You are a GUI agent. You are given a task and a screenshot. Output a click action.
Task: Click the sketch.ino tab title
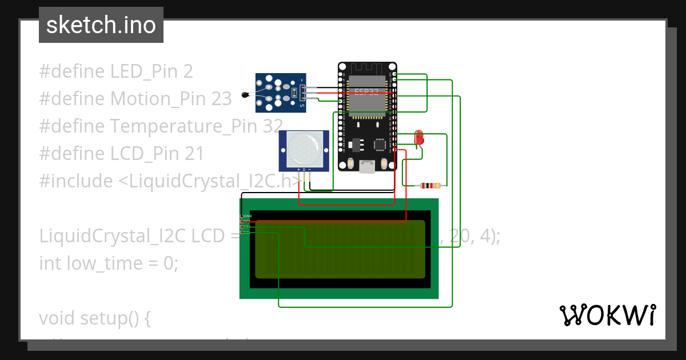pyautogui.click(x=101, y=25)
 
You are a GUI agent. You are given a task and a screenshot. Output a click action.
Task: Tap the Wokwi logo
pyautogui.click(x=607, y=315)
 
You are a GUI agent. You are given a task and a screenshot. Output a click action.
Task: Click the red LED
pyautogui.click(x=418, y=137)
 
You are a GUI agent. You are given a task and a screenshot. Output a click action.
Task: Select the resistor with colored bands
pyautogui.click(x=430, y=185)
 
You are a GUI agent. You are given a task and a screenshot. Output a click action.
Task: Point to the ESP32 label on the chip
pyautogui.click(x=367, y=91)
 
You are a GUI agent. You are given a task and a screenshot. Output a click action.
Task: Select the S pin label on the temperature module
pyautogui.click(x=302, y=106)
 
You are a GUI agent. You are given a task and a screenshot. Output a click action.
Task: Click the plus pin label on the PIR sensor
pyautogui.click(x=298, y=170)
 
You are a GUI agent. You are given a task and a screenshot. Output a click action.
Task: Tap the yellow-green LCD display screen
pyautogui.click(x=340, y=249)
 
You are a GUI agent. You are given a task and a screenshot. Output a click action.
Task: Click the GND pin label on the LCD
pyautogui.click(x=248, y=216)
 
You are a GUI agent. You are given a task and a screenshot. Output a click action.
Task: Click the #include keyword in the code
pyautogui.click(x=76, y=181)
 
